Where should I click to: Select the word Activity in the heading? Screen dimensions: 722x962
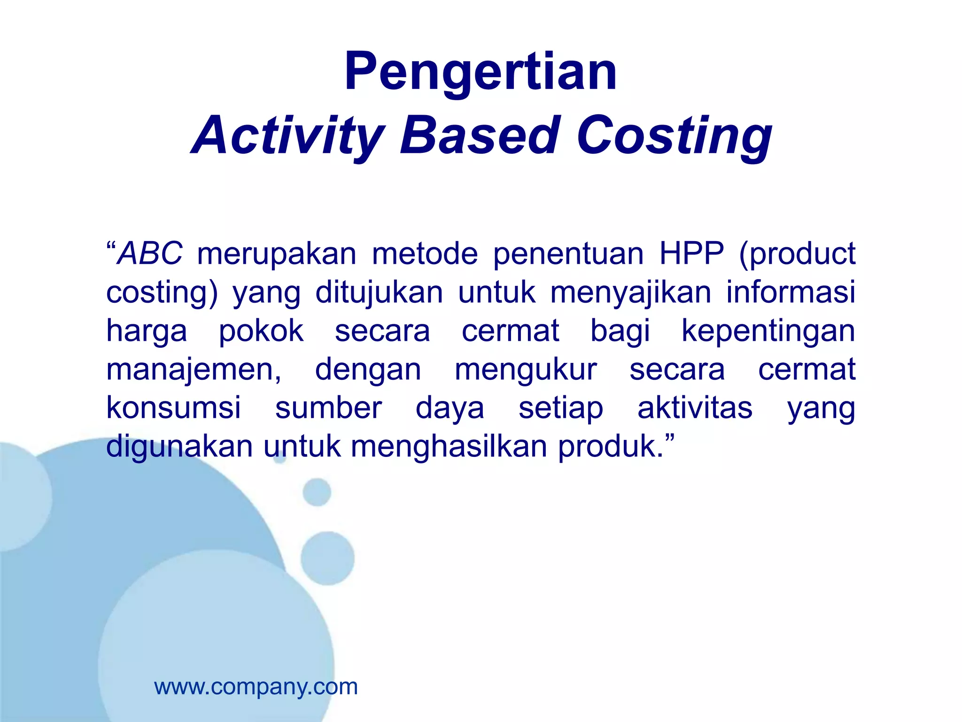(x=288, y=136)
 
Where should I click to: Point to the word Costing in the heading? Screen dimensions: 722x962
(x=674, y=136)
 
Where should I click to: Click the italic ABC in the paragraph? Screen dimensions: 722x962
(x=149, y=254)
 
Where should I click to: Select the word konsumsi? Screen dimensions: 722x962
(x=173, y=408)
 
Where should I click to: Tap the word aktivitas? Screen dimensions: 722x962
(x=695, y=408)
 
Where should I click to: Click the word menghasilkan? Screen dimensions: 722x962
(x=449, y=447)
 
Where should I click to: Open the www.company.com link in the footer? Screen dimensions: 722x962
(x=256, y=687)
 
